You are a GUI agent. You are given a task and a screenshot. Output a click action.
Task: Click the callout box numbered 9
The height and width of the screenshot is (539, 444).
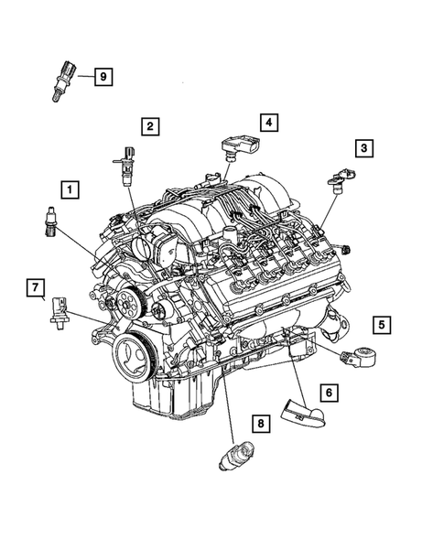103,77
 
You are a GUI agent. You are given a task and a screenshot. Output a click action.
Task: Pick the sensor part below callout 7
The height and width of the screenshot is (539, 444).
60,310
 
